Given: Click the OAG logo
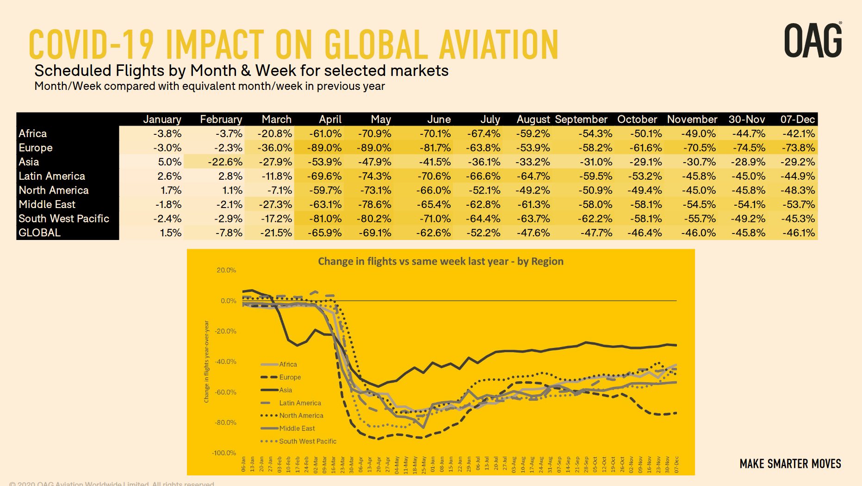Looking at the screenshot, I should click(x=813, y=41).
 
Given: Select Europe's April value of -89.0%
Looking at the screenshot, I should click(x=325, y=148).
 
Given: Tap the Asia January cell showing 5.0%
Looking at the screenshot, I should click(x=169, y=162).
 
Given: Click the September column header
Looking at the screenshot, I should click(x=581, y=120).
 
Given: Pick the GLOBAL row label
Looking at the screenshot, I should click(x=40, y=233).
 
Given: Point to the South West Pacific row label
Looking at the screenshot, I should click(x=64, y=219).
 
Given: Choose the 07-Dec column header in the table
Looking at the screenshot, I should click(x=797, y=120).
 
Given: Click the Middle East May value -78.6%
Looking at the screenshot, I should click(x=374, y=204).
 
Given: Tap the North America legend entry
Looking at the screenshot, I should click(x=301, y=416).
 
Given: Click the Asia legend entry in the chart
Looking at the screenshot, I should click(x=285, y=390).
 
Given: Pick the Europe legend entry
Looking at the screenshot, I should click(x=290, y=377).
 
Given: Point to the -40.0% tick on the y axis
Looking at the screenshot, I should click(x=225, y=361).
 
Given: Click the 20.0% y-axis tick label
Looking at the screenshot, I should click(x=226, y=270).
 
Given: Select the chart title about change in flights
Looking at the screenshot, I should click(x=440, y=261).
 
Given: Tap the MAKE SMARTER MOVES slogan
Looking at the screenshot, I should click(x=790, y=464).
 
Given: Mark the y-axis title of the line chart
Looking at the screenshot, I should click(x=206, y=361).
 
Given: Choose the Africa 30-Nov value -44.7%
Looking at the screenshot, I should click(x=748, y=134).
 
